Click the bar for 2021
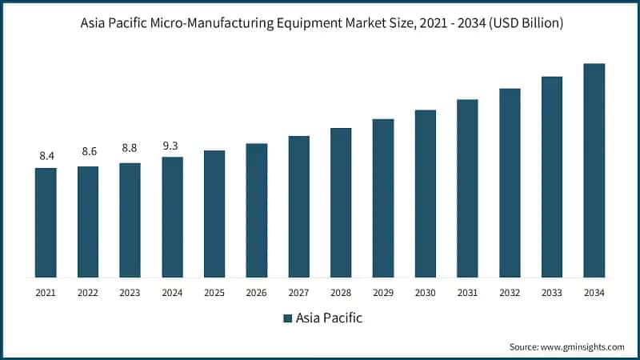pos(46,222)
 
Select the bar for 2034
pos(594,170)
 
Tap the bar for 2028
pos(341,202)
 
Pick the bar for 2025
pos(214,214)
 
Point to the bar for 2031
pos(467,188)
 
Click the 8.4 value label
pos(46,155)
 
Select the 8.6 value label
pos(88,151)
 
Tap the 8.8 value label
pos(130,148)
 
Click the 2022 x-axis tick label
pos(88,293)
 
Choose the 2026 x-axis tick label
pos(256,293)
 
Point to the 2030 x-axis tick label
pos(425,293)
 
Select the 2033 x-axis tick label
pos(552,293)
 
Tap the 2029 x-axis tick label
pos(382,293)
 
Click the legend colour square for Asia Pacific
pos(288,318)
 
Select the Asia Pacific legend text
pos(329,318)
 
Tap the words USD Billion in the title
pos(526,23)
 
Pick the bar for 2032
pos(510,182)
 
